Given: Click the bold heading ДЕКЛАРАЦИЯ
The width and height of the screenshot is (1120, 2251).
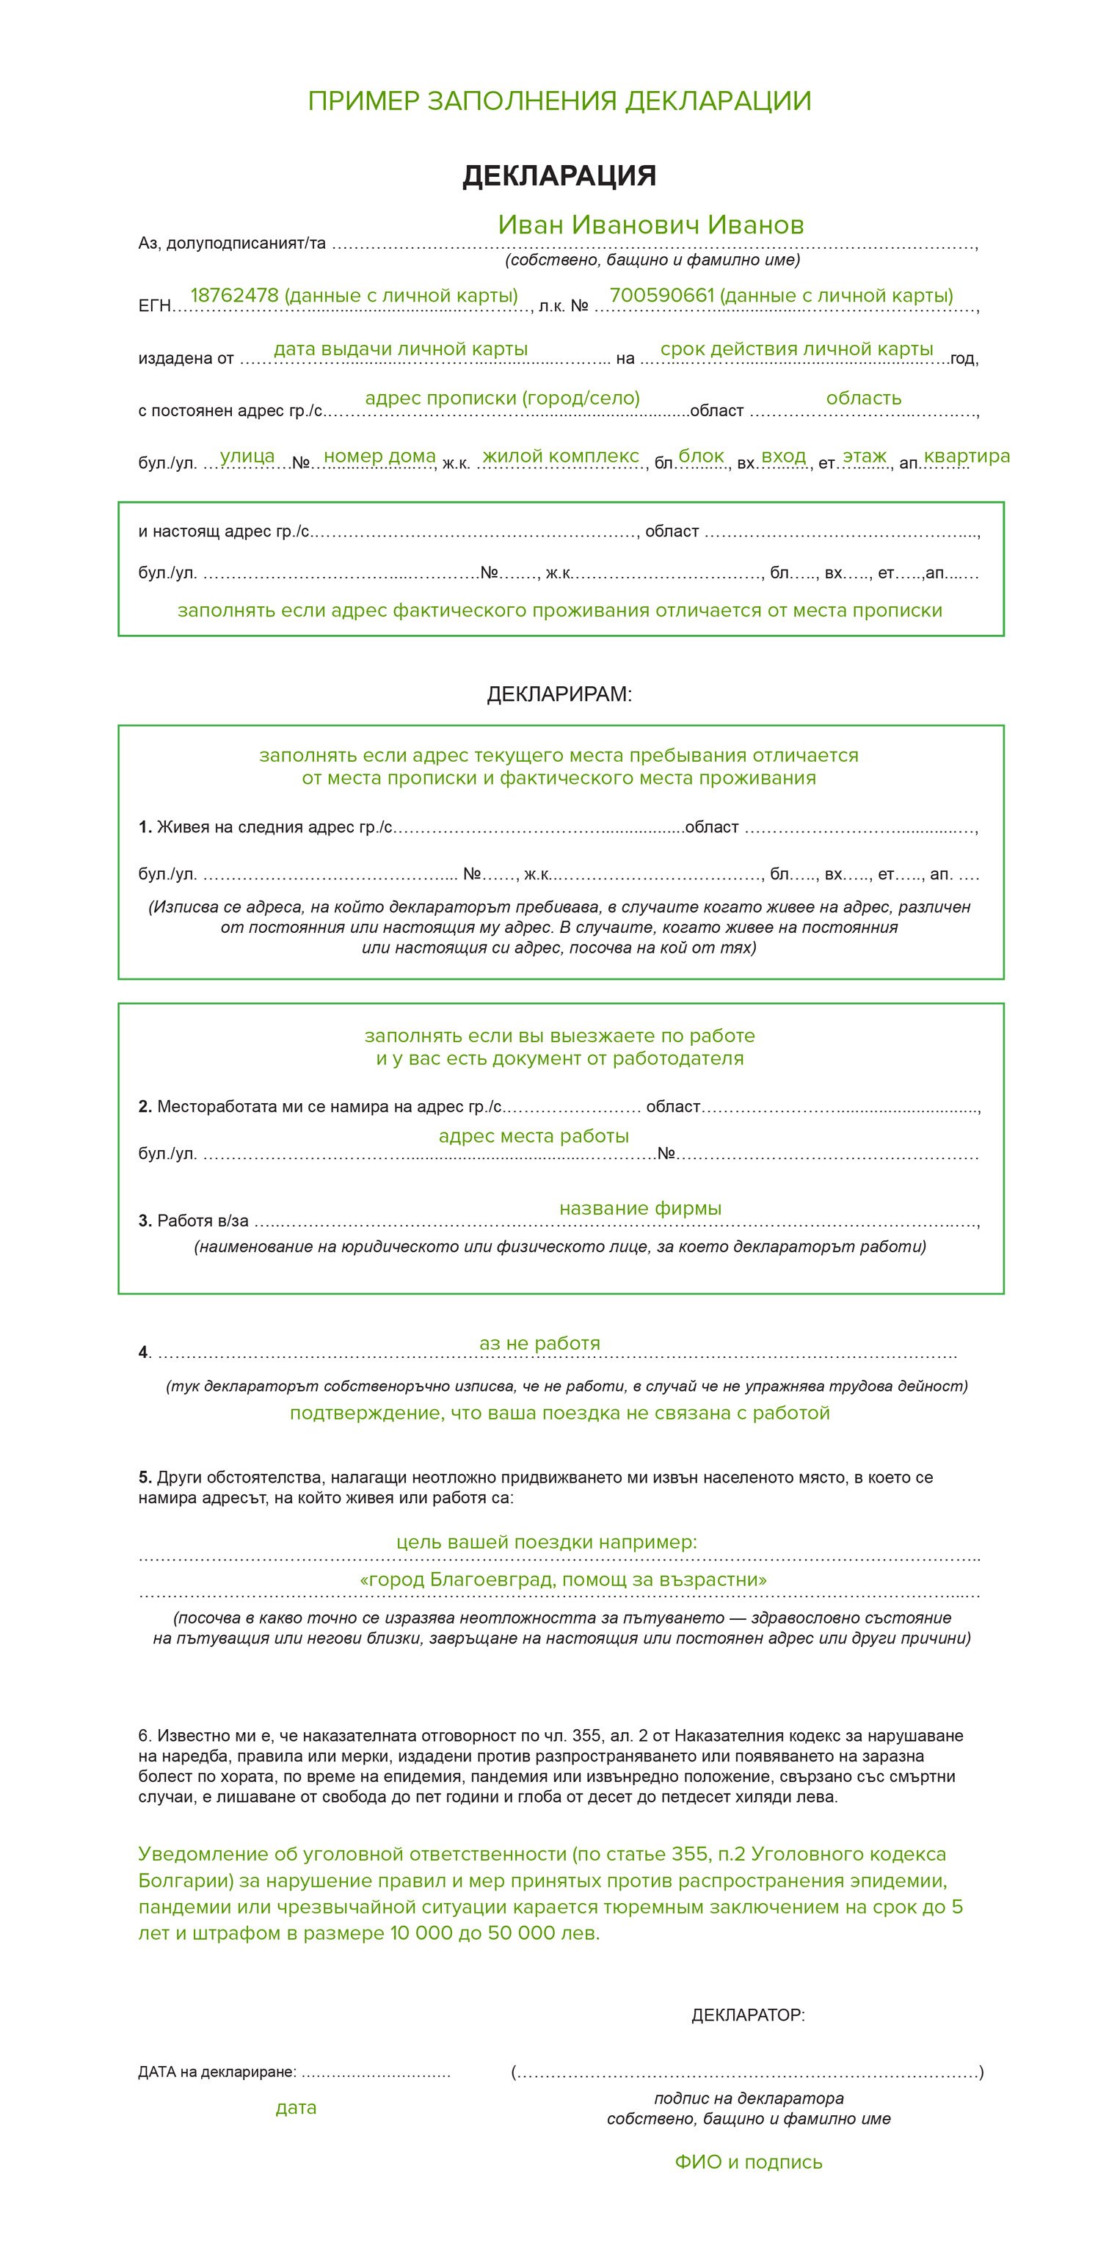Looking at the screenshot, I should coord(559,175).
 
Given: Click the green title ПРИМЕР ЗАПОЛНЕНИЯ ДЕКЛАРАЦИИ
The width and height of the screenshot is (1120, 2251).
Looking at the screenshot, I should coord(559,101).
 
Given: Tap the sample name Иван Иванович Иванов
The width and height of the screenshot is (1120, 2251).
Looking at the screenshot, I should coord(651,225).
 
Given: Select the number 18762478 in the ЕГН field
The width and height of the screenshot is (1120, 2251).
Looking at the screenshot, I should coord(234,295).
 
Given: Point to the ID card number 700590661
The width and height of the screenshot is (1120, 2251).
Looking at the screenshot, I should coord(661,295).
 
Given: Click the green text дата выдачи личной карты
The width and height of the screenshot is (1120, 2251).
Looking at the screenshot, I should coord(400,349).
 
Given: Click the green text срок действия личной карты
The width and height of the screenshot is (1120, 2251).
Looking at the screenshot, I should coord(797,349).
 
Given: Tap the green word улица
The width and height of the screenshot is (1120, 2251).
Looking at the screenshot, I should coord(247,455).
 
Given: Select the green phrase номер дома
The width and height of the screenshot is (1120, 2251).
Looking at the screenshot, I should coord(379,455).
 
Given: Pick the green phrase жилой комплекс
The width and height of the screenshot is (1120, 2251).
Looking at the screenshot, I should coord(561,455).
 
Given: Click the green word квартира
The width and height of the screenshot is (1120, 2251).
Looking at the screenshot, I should coord(967,455).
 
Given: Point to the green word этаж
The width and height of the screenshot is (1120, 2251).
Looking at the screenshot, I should coord(864,455).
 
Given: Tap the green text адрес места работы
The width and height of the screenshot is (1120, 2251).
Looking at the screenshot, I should coord(534,1135).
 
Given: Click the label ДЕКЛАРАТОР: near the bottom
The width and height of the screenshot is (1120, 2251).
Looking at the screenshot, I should coord(748,2015).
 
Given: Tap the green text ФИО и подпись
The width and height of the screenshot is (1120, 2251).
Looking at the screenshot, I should coord(749,2162).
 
